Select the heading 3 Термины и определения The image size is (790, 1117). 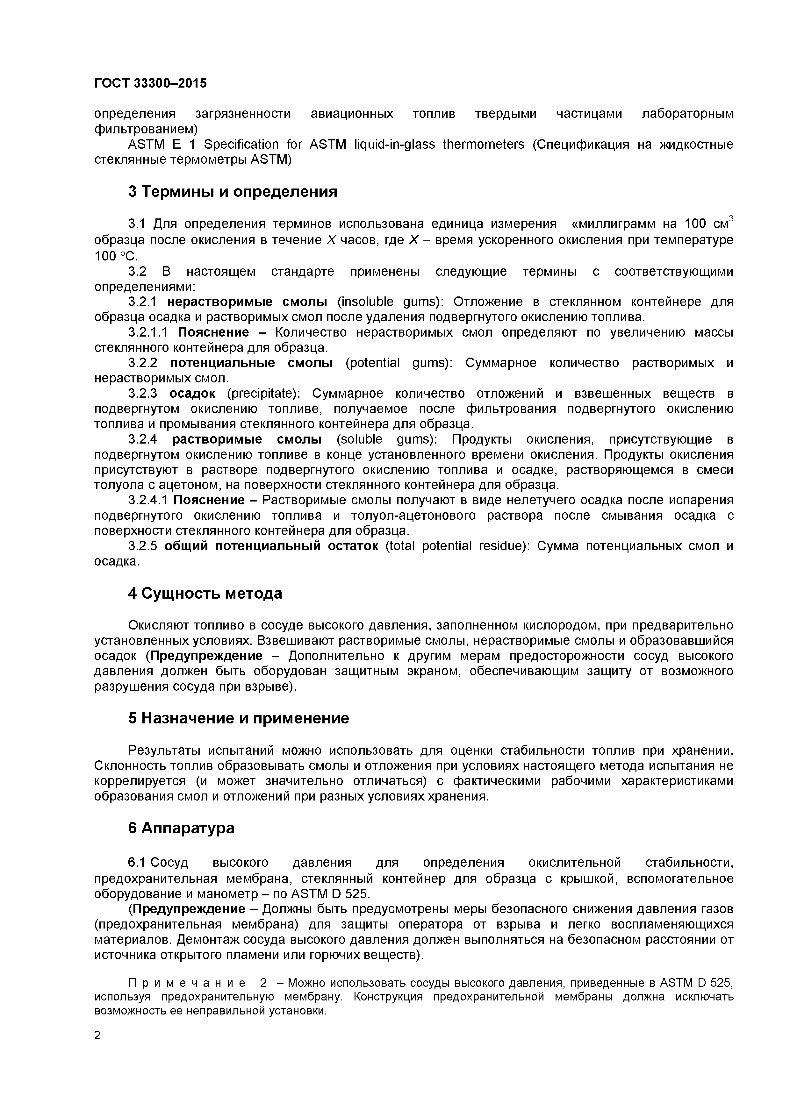tap(233, 192)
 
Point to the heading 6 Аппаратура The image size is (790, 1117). tap(181, 828)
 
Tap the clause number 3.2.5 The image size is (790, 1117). tap(143, 546)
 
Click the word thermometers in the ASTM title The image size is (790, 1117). tap(483, 145)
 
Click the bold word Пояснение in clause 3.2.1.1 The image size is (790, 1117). tap(213, 332)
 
